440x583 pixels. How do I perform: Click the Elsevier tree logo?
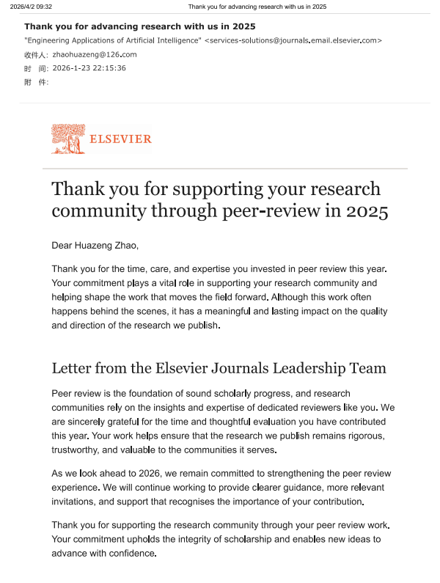coord(68,139)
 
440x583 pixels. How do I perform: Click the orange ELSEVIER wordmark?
coord(120,139)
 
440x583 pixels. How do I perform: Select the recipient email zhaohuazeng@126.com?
coord(95,54)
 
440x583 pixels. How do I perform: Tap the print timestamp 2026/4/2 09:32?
coord(31,7)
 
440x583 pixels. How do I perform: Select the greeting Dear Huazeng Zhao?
coord(95,245)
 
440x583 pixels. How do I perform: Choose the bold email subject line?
coord(140,26)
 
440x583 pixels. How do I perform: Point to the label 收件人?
coord(36,55)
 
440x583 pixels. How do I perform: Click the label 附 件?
coord(36,82)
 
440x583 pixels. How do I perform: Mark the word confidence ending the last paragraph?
coord(133,554)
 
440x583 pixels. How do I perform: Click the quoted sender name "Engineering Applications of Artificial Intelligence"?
coord(113,40)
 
